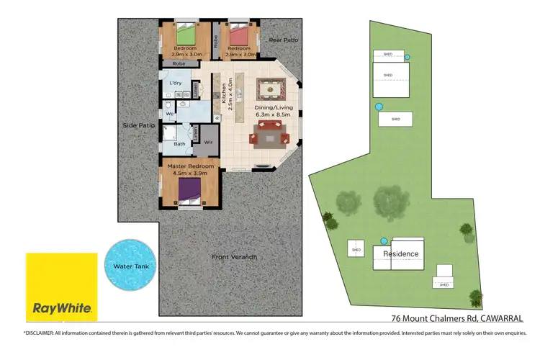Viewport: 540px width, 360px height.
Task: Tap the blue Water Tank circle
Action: (x=130, y=266)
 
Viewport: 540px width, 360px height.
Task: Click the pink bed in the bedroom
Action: (x=238, y=35)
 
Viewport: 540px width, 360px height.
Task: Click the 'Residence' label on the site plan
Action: (x=400, y=254)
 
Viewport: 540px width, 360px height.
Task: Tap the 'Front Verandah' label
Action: (x=234, y=257)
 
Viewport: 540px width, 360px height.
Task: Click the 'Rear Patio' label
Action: (x=283, y=40)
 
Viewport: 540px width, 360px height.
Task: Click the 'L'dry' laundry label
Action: (x=176, y=84)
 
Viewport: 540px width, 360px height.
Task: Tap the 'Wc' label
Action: (x=170, y=114)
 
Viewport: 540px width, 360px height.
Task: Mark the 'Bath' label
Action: (x=179, y=143)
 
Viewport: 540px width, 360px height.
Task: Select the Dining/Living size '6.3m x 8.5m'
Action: (x=273, y=114)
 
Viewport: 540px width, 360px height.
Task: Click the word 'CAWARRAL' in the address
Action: (x=499, y=318)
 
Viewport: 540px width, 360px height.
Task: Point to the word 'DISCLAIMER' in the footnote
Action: (x=45, y=332)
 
